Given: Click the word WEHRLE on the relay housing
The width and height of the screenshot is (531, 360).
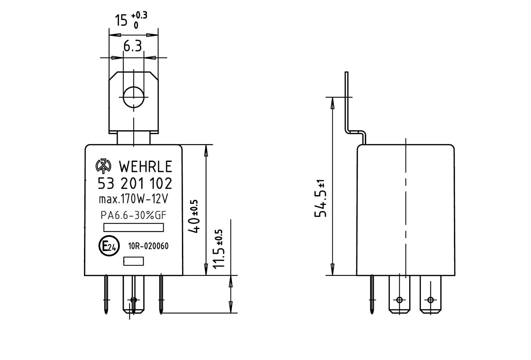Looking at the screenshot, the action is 145,167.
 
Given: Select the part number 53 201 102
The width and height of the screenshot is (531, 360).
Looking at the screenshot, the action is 135,184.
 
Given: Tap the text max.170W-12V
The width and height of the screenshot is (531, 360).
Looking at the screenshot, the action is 133,200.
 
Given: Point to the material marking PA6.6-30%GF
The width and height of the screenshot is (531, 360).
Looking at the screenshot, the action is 134,216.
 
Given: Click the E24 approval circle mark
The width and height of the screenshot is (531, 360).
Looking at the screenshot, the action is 109,246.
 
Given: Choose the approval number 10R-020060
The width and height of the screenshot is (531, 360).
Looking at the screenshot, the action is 148,246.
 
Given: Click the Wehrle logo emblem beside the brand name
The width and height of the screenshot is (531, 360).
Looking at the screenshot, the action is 104,167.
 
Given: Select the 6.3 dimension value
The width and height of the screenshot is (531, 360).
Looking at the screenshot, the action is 133,46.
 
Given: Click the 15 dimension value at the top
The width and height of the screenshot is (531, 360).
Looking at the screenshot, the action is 121,21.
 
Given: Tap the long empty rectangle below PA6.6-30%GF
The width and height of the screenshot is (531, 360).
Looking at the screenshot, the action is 134,228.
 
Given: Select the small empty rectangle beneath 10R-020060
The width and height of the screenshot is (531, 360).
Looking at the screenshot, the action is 133,261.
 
